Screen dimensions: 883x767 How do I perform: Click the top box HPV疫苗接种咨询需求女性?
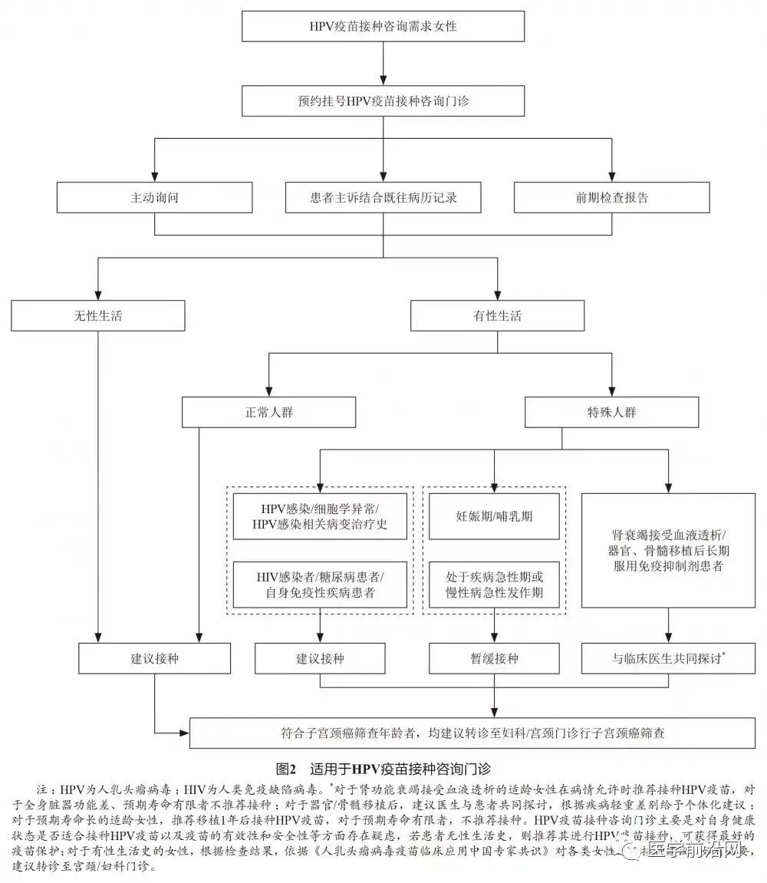click(383, 27)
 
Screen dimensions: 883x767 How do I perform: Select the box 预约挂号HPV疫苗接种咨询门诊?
click(383, 100)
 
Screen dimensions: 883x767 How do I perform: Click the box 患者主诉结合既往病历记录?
click(383, 197)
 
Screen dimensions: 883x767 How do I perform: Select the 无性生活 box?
click(98, 315)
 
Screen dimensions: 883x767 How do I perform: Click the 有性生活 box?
click(497, 315)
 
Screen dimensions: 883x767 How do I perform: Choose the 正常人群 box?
click(268, 412)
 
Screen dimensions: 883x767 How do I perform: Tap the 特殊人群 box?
click(611, 412)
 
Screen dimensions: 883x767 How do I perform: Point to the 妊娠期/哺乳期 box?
click(494, 516)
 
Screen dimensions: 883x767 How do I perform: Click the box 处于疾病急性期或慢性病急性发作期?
click(494, 585)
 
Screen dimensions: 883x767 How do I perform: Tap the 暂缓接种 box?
click(494, 658)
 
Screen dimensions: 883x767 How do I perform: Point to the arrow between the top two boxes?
click(383, 64)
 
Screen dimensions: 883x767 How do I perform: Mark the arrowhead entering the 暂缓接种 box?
click(494, 638)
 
